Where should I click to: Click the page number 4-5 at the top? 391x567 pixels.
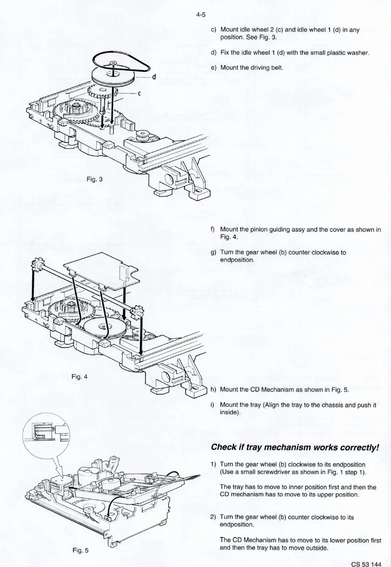201,15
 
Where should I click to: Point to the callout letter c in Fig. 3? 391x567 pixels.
140,94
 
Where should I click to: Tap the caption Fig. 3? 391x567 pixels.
94,179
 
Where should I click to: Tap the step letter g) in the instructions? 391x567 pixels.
213,253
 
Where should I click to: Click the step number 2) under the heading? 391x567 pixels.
213,517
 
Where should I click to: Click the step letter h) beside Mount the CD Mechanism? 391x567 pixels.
213,389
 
